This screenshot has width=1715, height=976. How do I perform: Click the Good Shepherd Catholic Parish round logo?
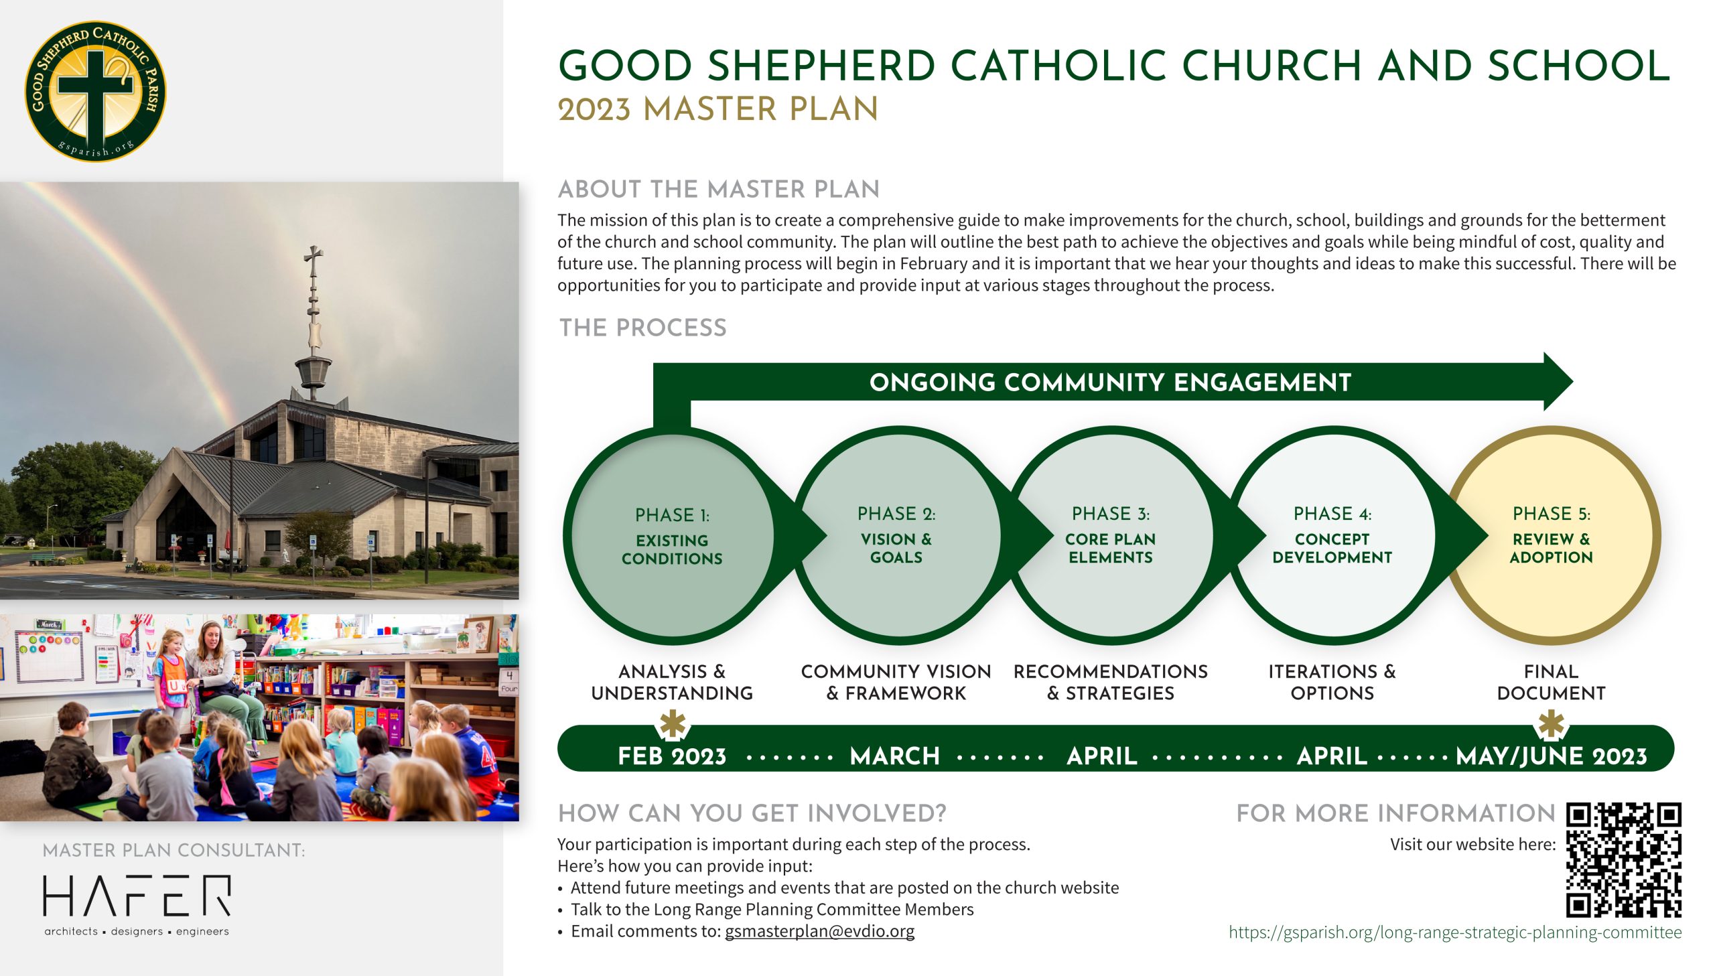pyautogui.click(x=95, y=90)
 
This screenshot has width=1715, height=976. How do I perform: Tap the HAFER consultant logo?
pyautogui.click(x=137, y=904)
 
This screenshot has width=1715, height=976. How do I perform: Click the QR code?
pyautogui.click(x=1624, y=860)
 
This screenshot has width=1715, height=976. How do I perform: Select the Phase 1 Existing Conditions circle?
pyautogui.click(x=671, y=536)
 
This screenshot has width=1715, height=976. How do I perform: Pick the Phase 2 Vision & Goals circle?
pyautogui.click(x=896, y=536)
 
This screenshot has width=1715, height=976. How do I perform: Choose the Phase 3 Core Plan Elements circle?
pyautogui.click(x=1111, y=536)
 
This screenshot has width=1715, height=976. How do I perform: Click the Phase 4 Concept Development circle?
pyautogui.click(x=1332, y=536)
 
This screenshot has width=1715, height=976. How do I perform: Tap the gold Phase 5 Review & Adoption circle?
pyautogui.click(x=1551, y=536)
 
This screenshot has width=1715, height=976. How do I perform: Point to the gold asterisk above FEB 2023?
pyautogui.click(x=673, y=725)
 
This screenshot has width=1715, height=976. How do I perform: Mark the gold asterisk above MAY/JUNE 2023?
pyautogui.click(x=1552, y=725)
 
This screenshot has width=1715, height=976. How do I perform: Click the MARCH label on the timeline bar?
pyautogui.click(x=895, y=756)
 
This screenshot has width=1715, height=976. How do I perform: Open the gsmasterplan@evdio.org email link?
pyautogui.click(x=819, y=931)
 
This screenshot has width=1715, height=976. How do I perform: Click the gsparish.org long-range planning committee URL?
pyautogui.click(x=1455, y=932)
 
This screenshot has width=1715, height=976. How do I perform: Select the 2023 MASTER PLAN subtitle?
pyautogui.click(x=717, y=109)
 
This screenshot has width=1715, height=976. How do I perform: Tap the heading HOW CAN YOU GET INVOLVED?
pyautogui.click(x=752, y=813)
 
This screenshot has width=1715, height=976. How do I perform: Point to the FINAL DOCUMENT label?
pyautogui.click(x=1551, y=683)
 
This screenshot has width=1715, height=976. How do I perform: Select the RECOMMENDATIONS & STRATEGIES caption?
pyautogui.click(x=1111, y=683)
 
